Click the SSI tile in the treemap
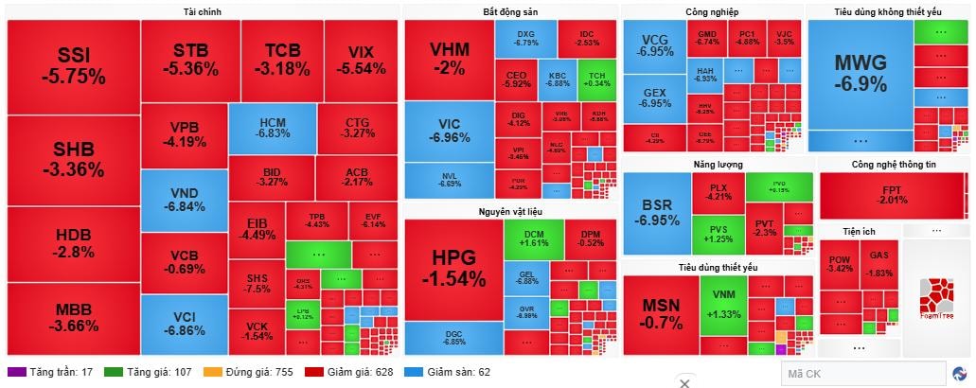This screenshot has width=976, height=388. click(x=73, y=64)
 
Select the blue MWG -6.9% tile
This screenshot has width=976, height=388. click(x=860, y=74)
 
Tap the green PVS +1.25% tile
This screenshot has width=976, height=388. click(x=725, y=233)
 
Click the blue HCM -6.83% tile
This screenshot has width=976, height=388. click(x=273, y=128)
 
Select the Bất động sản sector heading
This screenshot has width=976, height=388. click(x=509, y=11)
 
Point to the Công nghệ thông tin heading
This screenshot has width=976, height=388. click(x=893, y=164)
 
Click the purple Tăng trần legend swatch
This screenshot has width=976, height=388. click(x=14, y=372)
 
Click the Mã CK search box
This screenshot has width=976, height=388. click(x=863, y=374)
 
